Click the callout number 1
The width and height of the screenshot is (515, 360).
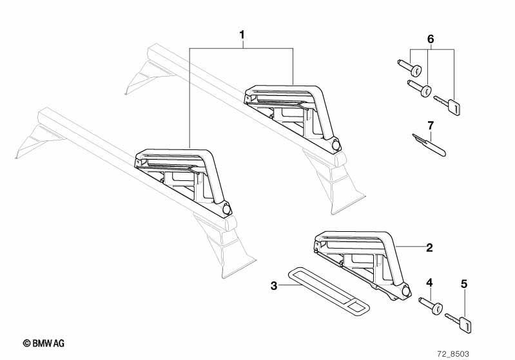[x=242, y=35]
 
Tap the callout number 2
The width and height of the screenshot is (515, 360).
[x=429, y=248]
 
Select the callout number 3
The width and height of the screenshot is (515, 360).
[x=274, y=286]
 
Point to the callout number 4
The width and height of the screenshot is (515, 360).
[x=429, y=283]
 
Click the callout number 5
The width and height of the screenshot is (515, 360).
[x=464, y=284]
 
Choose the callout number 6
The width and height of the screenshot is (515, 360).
[x=431, y=39]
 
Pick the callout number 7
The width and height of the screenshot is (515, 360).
[x=431, y=126]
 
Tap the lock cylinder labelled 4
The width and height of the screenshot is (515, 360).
[x=431, y=306]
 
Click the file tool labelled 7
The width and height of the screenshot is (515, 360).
[x=429, y=145]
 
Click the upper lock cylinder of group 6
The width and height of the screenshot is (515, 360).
[x=410, y=67]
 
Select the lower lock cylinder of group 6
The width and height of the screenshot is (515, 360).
[x=420, y=88]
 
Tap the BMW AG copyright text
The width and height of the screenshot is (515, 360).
[x=44, y=343]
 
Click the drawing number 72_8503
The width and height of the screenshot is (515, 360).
[x=453, y=354]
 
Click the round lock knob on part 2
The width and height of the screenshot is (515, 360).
[x=406, y=291]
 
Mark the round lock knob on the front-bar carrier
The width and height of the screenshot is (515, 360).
[x=227, y=209]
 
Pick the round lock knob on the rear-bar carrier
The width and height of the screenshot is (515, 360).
[x=336, y=146]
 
